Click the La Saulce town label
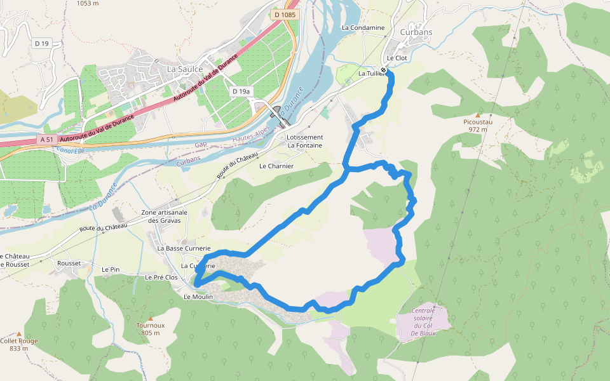point(185,69)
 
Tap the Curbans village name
point(416,32)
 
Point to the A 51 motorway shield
point(46,139)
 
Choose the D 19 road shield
point(42,43)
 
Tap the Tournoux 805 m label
point(151,329)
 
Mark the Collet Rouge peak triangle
point(19,333)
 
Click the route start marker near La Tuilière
point(384,70)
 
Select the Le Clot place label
point(396,58)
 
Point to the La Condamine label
point(363,28)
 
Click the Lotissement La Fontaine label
point(305,141)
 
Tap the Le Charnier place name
point(276,166)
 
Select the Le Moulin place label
point(198,297)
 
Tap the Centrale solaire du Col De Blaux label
point(423,322)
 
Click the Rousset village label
point(69,263)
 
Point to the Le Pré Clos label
point(161,277)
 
